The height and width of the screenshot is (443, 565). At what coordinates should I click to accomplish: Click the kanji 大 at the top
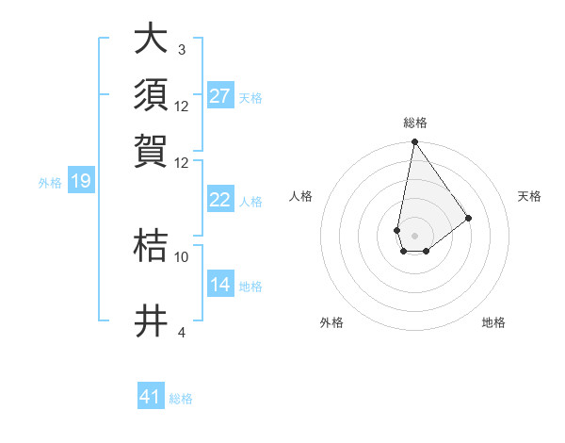152,40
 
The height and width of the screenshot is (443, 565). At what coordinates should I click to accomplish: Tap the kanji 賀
152,150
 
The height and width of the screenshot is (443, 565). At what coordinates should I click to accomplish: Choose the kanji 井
152,321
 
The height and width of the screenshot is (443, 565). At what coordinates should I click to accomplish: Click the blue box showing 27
220,96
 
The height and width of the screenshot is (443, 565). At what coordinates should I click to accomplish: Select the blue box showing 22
220,200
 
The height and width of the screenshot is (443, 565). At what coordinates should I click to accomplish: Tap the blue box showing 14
220,285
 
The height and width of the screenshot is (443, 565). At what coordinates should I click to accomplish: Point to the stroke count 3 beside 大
181,49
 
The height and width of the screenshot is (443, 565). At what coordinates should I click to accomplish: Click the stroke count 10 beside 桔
182,255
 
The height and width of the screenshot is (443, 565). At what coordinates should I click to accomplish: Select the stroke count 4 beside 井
181,332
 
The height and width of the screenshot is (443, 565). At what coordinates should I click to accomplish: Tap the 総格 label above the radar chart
414,123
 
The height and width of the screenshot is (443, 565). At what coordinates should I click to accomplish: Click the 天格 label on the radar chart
529,196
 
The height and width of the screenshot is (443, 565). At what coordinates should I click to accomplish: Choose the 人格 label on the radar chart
301,196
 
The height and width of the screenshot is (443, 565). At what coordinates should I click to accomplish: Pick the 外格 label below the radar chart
331,322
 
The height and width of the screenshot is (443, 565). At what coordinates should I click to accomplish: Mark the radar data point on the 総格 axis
414,143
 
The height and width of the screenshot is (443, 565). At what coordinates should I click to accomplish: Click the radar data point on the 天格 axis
468,218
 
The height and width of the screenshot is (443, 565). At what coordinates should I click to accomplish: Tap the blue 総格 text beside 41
181,399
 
